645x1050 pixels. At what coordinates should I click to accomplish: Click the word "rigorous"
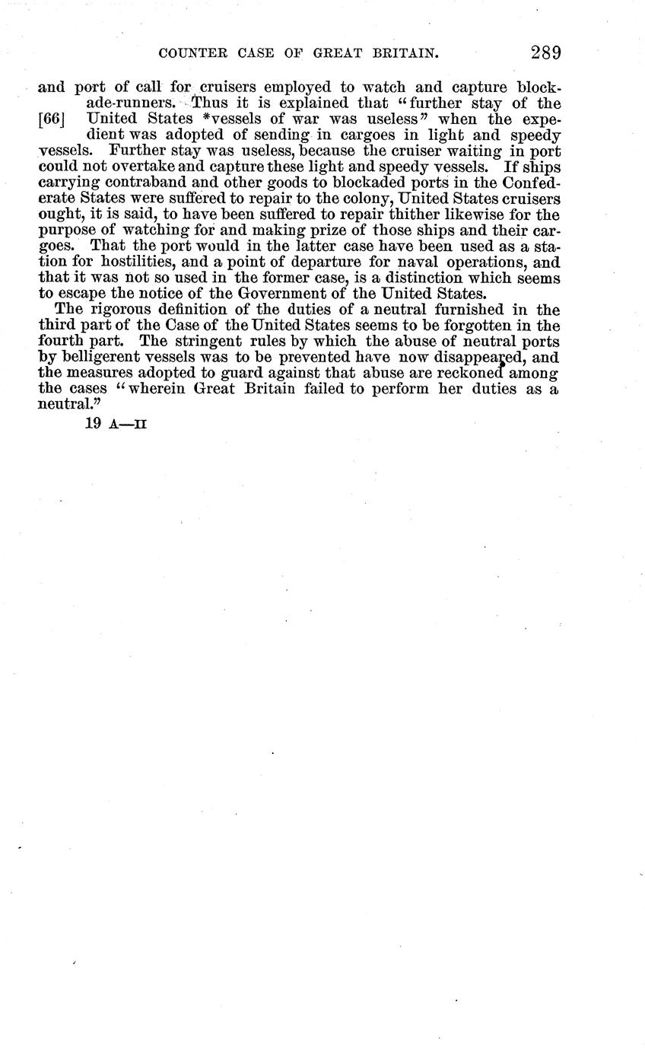(x=122, y=310)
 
